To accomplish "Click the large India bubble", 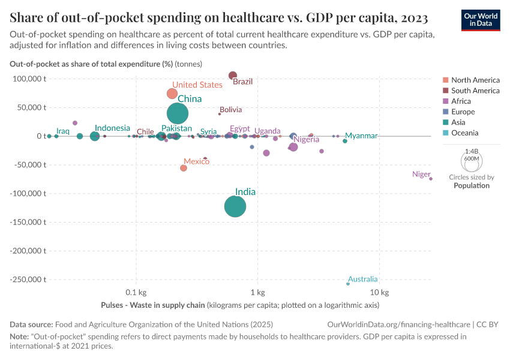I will (235, 206).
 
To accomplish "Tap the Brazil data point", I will (233, 76).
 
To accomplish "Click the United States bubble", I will (172, 94).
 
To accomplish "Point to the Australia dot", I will (348, 283).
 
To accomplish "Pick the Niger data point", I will (431, 179).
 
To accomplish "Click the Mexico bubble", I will (184, 168).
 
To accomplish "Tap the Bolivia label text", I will (231, 110).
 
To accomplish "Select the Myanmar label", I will (361, 136).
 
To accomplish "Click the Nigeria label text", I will (306, 140).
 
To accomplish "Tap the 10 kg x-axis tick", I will (380, 293).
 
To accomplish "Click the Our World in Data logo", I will (481, 19).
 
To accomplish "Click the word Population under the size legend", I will (472, 185).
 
